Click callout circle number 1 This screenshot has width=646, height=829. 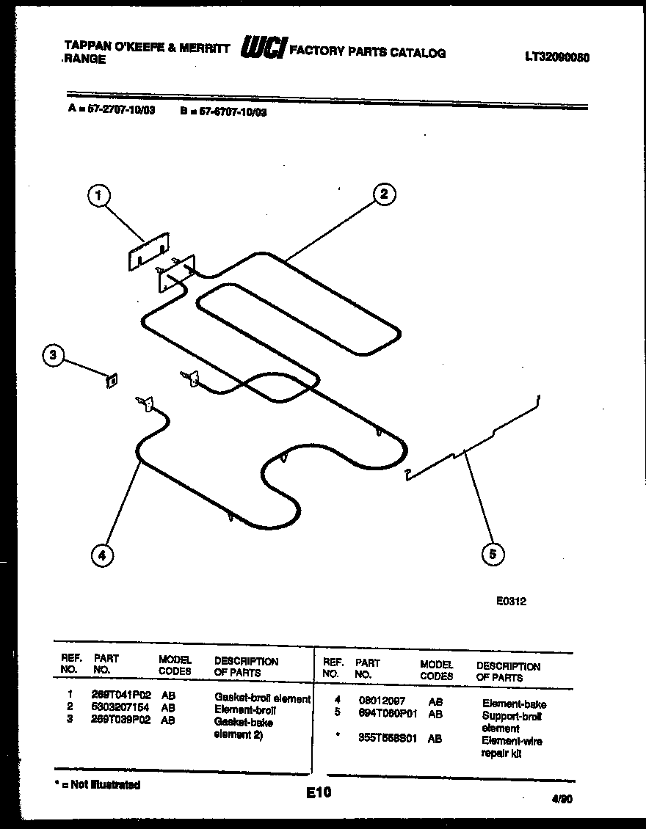pyautogui.click(x=99, y=195)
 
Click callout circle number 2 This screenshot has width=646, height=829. pyautogui.click(x=383, y=194)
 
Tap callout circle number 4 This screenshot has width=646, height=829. pyautogui.click(x=102, y=555)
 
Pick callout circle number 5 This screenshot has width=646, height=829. pyautogui.click(x=493, y=554)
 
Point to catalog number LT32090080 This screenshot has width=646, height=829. pyautogui.click(x=558, y=57)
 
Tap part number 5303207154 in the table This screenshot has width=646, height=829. pyautogui.click(x=121, y=709)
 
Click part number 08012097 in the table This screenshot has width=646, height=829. pyautogui.click(x=381, y=701)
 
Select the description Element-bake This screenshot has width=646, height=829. pyautogui.click(x=514, y=704)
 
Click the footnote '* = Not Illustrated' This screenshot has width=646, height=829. pyautogui.click(x=98, y=784)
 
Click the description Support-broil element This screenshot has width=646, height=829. pyautogui.click(x=512, y=722)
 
